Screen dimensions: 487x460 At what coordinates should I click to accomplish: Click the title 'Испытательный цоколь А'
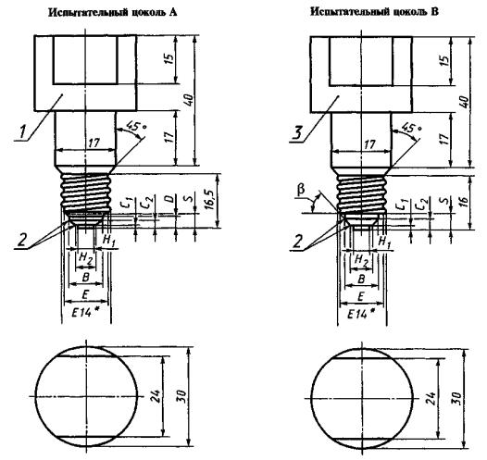pos(113,12)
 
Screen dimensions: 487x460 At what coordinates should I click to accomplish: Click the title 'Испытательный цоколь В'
pos(375,12)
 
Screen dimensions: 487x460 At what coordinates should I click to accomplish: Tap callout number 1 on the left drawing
pos(22,131)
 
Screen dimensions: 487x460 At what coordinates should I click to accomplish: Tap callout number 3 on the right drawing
pos(297,133)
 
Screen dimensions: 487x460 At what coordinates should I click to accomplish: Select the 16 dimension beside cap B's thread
pos(462,202)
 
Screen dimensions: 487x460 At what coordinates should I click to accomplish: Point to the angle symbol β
pos(301,190)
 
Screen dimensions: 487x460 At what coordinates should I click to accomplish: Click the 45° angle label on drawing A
pos(136,126)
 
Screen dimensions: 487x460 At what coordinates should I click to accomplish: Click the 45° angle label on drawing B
pos(411,127)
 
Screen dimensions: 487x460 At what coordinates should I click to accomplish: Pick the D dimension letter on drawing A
pos(169,199)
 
